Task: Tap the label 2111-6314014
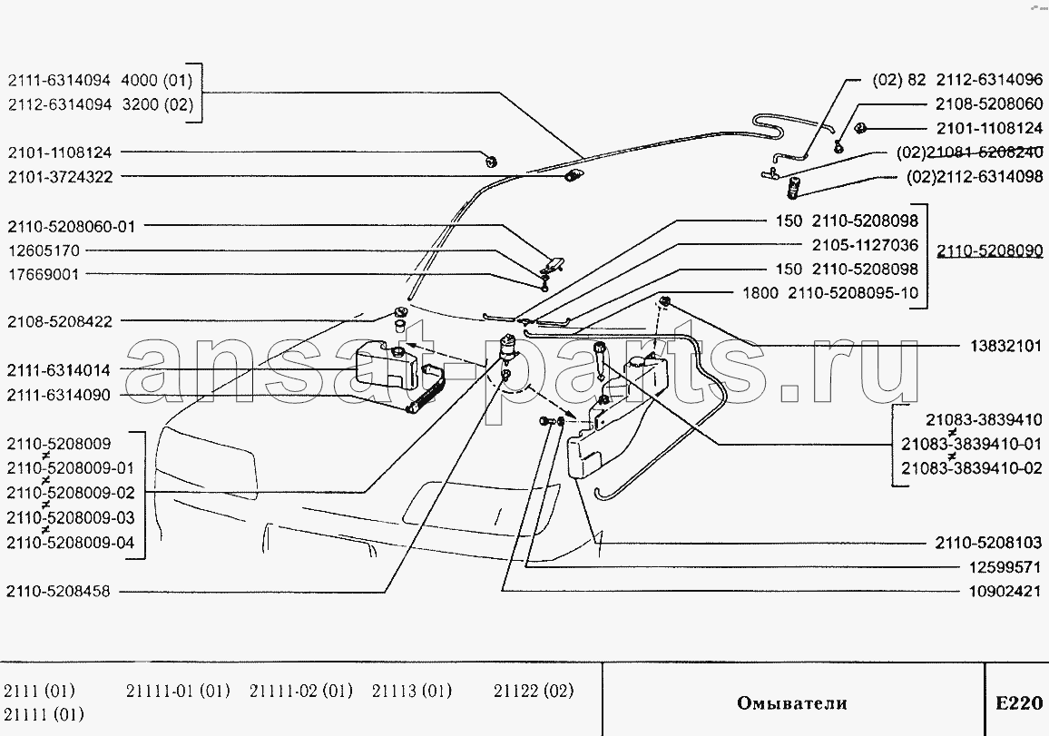59,370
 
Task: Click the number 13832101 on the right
1005,346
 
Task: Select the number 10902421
1005,591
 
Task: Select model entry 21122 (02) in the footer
534,691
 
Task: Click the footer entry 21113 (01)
411,691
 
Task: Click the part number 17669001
44,273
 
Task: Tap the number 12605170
44,250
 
